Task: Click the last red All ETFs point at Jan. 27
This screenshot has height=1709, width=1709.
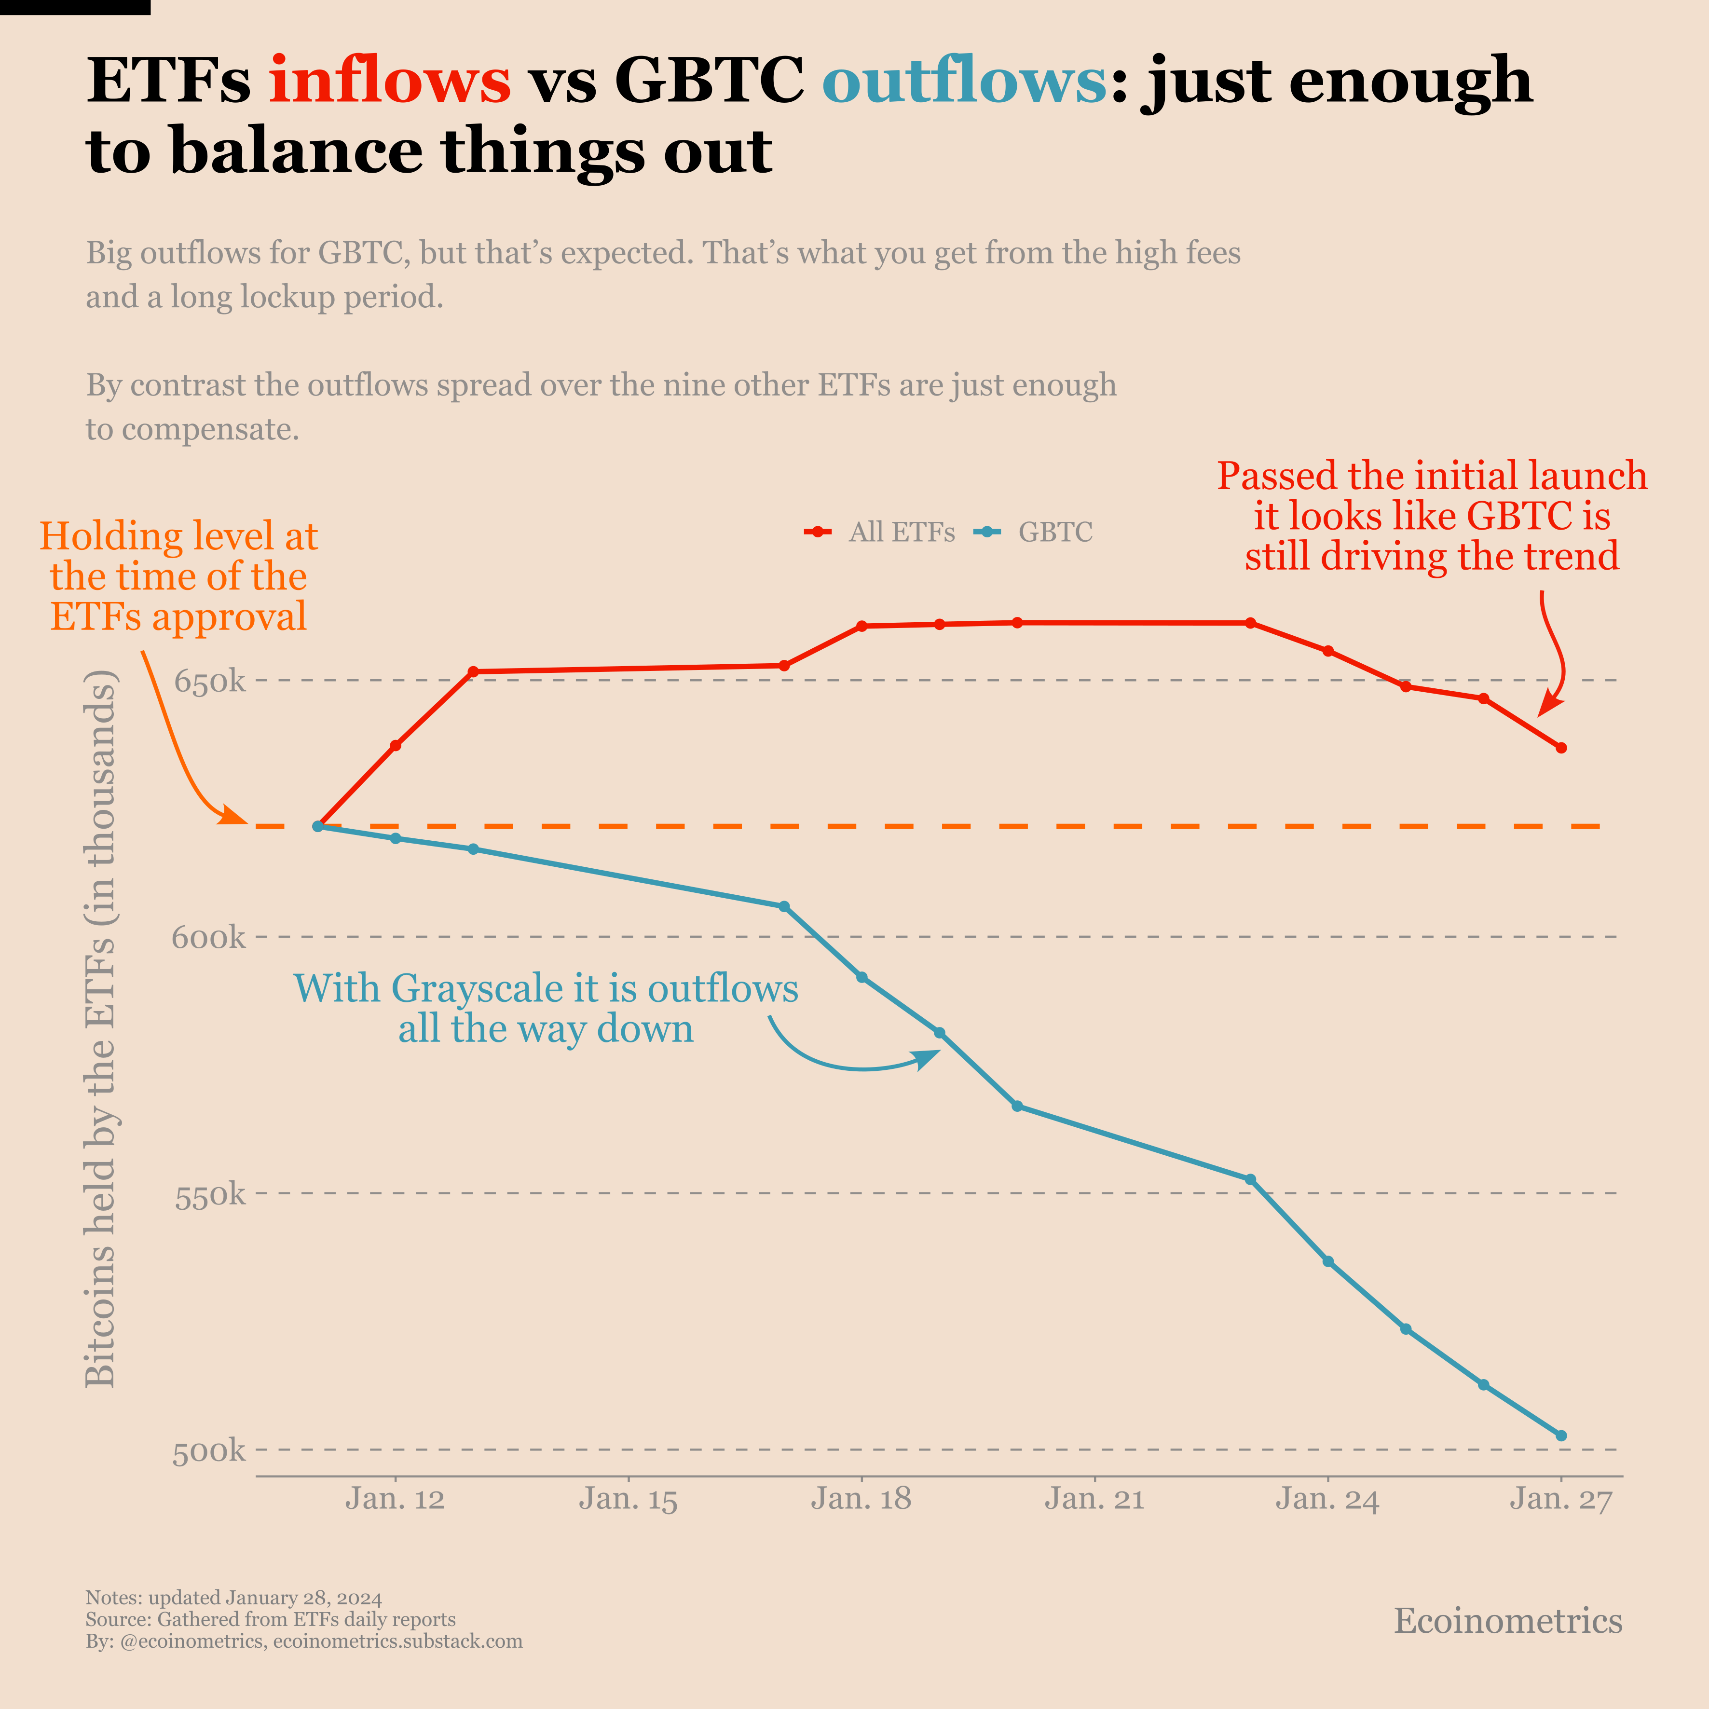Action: (1561, 748)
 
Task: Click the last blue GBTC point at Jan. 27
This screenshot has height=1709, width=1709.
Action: (1561, 1436)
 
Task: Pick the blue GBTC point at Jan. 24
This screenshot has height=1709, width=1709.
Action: (1328, 1261)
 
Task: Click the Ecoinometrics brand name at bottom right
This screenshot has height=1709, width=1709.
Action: (1508, 1621)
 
